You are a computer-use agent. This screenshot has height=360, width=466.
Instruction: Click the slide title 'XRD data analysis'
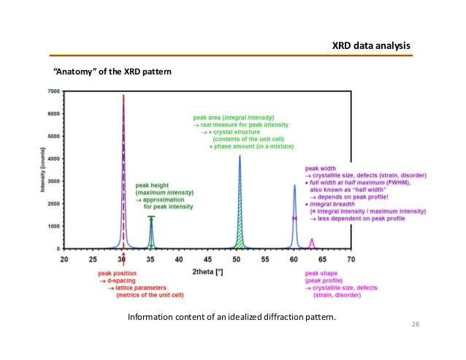(371, 46)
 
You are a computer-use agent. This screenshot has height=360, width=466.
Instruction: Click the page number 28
(416, 324)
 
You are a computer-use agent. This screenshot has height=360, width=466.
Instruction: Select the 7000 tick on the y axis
(52, 91)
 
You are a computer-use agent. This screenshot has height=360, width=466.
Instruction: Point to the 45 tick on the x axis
(208, 258)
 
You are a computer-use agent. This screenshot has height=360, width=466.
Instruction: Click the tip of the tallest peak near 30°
(123, 96)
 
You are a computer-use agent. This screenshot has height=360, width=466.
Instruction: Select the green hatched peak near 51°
(240, 219)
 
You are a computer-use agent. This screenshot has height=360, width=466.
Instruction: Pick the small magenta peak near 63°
(312, 244)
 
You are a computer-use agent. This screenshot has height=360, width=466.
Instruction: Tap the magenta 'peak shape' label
(322, 274)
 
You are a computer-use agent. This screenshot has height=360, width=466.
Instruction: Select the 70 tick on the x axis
(351, 258)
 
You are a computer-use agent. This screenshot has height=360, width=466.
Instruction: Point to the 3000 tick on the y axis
(52, 181)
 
